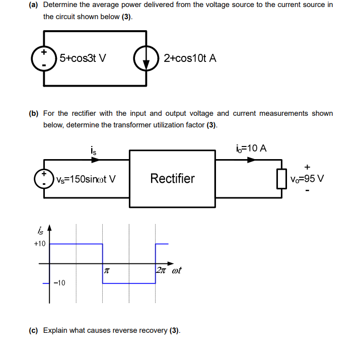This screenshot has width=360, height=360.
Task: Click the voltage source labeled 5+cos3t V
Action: pos(44,58)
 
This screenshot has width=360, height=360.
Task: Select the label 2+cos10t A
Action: pos(190,58)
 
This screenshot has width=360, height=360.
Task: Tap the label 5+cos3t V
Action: pos(83,58)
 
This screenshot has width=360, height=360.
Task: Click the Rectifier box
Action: pos(173,178)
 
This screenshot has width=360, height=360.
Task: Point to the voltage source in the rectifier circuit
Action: pos(44,178)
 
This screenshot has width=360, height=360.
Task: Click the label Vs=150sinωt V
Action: pos(86,179)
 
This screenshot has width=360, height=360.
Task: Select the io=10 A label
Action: pos(251,149)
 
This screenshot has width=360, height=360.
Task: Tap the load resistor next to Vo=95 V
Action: pos(281,178)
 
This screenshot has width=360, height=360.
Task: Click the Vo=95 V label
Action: pos(307,179)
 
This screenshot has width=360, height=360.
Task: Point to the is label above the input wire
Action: pos(93,150)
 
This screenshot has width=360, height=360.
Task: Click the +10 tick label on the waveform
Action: pos(39,244)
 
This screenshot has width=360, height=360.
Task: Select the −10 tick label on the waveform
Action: pos(59,283)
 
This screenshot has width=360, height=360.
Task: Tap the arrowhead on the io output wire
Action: pos(251,160)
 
